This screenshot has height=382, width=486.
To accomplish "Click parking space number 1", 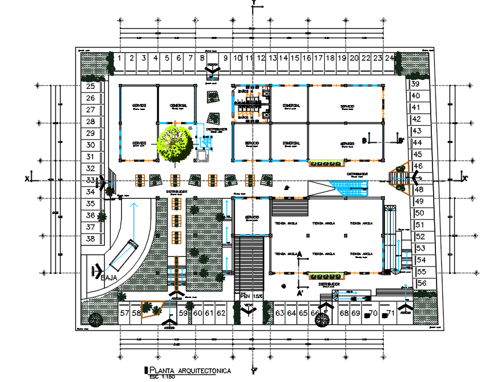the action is point(119,58).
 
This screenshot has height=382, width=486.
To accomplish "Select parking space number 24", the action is point(389,58).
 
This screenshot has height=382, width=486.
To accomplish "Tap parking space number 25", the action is point(91,86).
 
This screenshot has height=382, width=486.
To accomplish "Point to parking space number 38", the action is point(91,239).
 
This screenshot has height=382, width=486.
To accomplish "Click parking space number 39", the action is point(415,84).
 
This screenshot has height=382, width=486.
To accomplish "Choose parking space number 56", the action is point(422,283).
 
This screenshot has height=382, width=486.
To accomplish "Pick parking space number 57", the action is point(124,313).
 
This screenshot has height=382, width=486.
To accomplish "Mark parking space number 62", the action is point(221,313).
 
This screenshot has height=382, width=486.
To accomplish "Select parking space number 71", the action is point(389,313).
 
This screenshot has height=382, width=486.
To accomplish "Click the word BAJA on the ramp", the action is point(110,277).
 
